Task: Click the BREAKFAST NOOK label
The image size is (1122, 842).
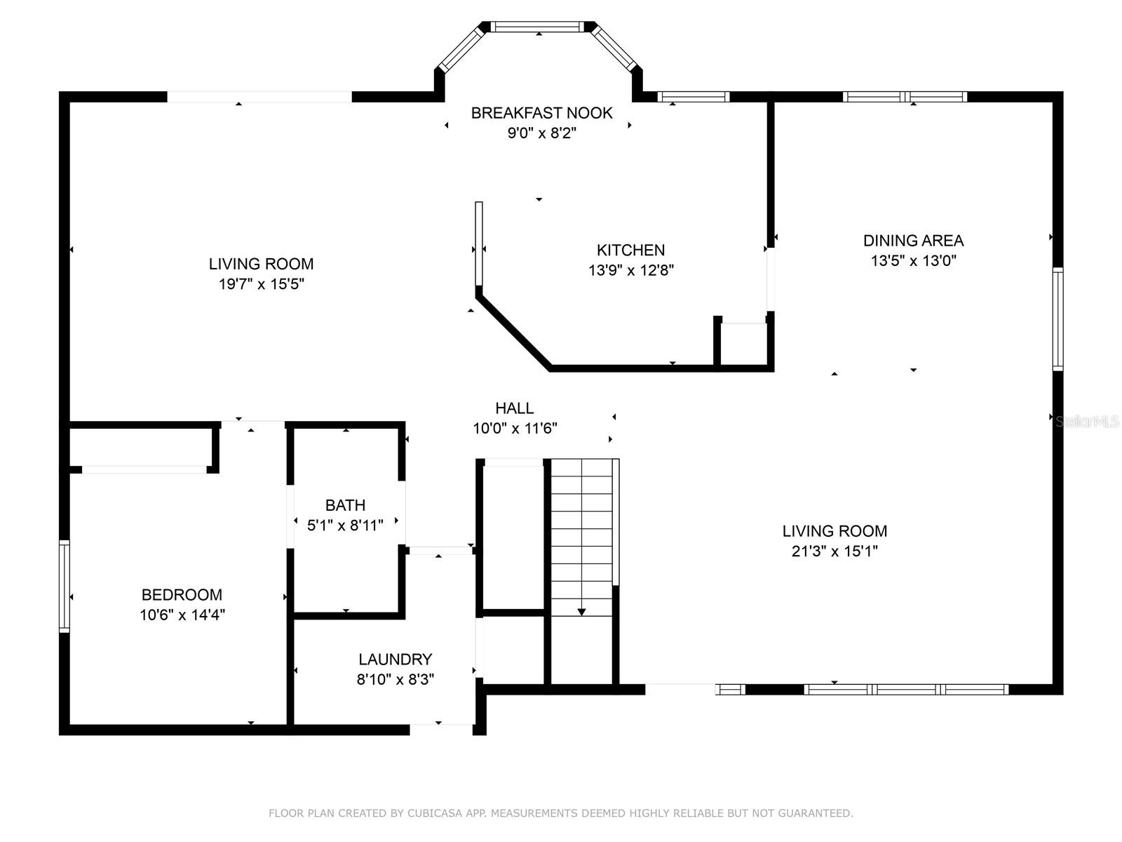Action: point(541,113)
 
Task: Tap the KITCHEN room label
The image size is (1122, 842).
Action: point(630,250)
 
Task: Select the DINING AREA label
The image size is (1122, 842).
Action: point(913,240)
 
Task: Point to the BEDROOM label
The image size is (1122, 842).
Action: point(182,594)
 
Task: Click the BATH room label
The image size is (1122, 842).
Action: point(345,505)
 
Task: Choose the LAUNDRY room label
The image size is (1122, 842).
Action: point(395,659)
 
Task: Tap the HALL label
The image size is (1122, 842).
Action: point(514,408)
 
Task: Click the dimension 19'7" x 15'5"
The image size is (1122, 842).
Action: point(261,283)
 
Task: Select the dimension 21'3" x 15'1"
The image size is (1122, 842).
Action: point(834,551)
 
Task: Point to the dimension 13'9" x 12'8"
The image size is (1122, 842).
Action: point(630,270)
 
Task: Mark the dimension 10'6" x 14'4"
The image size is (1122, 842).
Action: point(182,615)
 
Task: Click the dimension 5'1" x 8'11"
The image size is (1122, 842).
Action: point(345,525)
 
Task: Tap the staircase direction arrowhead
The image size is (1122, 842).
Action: point(581,612)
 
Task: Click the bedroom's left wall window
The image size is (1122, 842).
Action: point(65,586)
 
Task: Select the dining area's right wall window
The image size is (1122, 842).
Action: point(1057,319)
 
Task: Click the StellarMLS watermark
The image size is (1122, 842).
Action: point(1087,422)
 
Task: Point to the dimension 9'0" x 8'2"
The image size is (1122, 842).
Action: point(541,133)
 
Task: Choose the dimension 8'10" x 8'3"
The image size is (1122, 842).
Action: point(395,679)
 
